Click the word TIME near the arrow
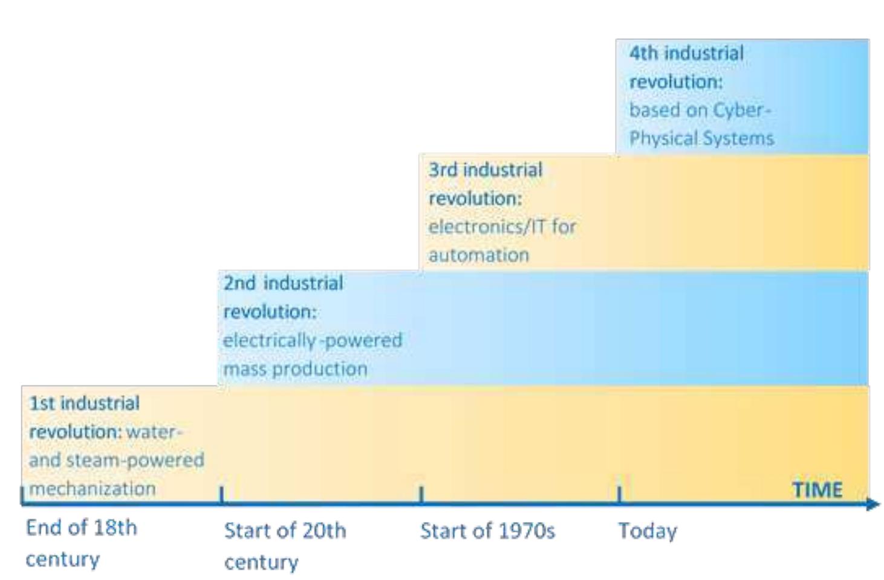[817, 489]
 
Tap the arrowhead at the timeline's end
[873, 503]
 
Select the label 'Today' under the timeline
[647, 531]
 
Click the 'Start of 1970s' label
[487, 531]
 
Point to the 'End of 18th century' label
[81, 543]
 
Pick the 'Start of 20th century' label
[285, 546]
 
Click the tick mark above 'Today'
[619, 494]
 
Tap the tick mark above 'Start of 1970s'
[421, 494]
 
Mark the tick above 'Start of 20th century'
[221, 494]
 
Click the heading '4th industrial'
[686, 53]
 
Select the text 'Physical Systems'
[701, 138]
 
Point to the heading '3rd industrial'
[486, 170]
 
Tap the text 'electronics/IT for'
[502, 227]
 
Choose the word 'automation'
[479, 255]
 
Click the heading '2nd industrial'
[283, 283]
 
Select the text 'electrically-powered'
[312, 340]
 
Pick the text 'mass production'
[295, 369]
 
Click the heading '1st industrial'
[85, 403]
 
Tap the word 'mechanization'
[93, 488]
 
